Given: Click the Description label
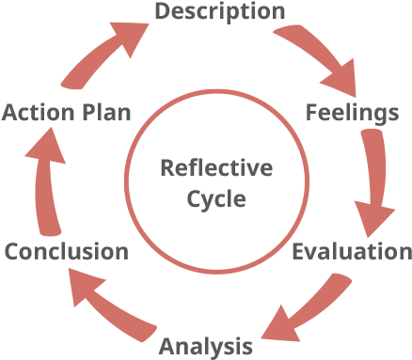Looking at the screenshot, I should pos(219,11).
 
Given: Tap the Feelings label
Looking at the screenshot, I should pos(353,113).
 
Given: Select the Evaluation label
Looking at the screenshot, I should pos(351,252).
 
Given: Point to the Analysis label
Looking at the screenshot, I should pos(206,346).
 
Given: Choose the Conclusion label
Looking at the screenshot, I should pos(66,252).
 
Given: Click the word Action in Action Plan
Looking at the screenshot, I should pos(34,113).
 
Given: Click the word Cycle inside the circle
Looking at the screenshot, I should pos(216,199).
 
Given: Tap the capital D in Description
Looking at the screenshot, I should pos(162,11).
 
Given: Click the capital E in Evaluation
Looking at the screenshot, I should pos(298,252).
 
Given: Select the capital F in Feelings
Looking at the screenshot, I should pos(311,113).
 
